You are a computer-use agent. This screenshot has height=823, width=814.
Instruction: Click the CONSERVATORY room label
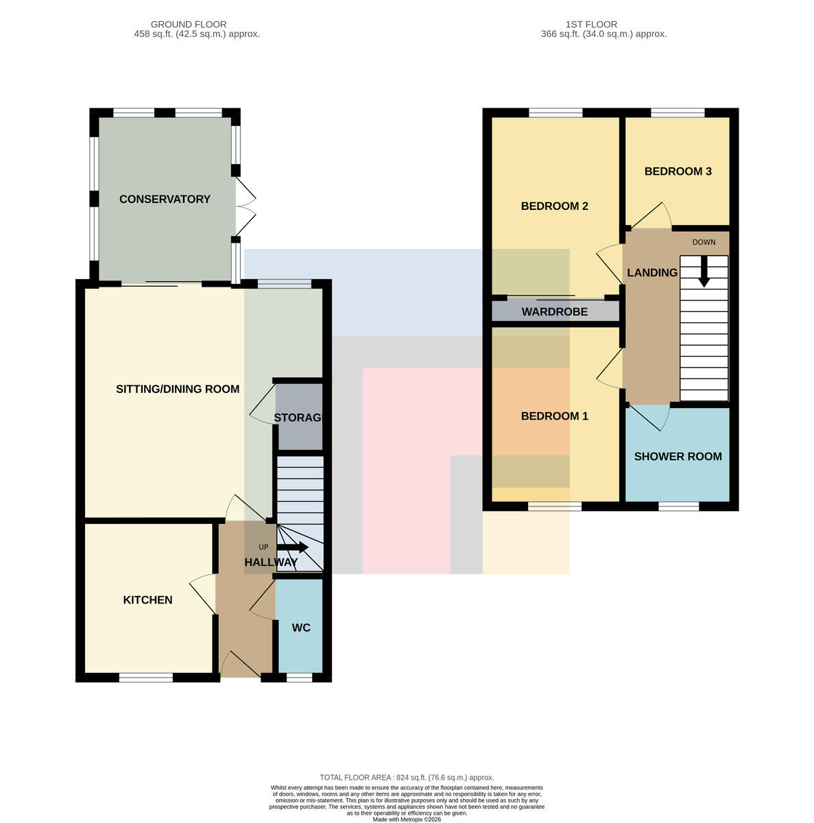click(165, 199)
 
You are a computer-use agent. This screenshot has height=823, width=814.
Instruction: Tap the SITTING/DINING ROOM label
click(177, 389)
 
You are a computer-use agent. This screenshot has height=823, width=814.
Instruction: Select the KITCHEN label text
click(147, 600)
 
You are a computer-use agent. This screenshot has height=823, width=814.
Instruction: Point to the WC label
click(300, 628)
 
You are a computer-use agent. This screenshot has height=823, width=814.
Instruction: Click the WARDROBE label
click(554, 312)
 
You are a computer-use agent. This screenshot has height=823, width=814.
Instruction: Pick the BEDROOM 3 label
click(678, 171)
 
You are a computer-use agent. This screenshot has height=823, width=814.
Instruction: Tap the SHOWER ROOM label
click(678, 456)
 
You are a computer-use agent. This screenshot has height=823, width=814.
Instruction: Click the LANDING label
click(652, 272)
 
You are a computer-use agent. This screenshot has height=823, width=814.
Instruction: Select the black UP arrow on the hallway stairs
click(293, 547)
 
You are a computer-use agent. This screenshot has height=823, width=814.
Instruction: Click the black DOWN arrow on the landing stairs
click(704, 272)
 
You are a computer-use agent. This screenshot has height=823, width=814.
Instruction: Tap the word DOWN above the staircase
click(704, 242)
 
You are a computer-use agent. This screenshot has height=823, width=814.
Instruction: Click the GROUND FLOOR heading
click(189, 24)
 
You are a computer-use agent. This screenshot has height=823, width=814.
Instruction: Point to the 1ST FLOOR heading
click(591, 24)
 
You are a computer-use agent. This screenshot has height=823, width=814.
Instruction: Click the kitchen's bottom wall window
click(145, 678)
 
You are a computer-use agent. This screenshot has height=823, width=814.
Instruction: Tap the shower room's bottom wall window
click(678, 506)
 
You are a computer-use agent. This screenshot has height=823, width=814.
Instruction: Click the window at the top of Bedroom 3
click(678, 112)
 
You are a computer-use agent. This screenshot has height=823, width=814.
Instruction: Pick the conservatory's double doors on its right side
click(245, 206)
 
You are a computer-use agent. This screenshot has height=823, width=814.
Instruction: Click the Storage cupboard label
click(298, 418)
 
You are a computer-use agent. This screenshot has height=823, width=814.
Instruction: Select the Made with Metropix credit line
click(407, 820)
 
